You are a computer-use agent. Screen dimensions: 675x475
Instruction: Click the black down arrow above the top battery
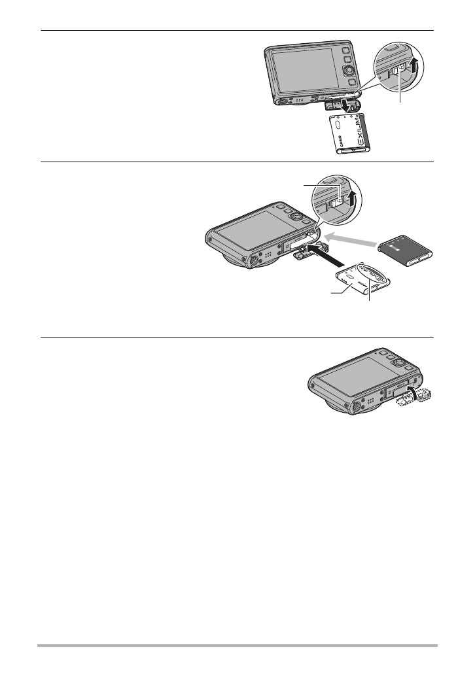[x=342, y=106]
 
